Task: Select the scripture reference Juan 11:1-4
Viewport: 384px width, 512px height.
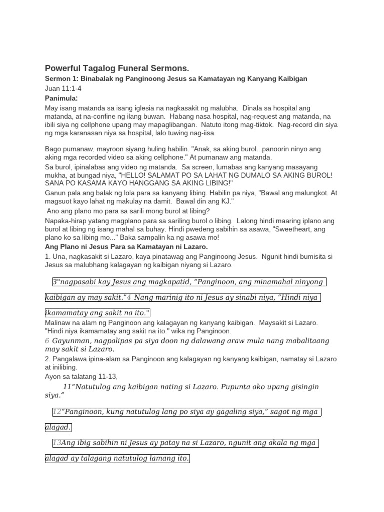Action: tap(63, 88)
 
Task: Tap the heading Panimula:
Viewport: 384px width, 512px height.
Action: tap(61, 98)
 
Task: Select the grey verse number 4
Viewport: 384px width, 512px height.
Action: tap(129, 298)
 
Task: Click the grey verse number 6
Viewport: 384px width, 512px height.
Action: tap(47, 340)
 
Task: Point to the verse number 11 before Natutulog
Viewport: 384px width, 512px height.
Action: tap(68, 387)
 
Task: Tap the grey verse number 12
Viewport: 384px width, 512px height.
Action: tap(57, 412)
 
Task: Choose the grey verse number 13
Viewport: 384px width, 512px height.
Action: tap(57, 442)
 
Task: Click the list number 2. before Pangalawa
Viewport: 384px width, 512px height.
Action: tap(48, 359)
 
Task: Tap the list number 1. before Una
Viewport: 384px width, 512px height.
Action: tap(48, 256)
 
